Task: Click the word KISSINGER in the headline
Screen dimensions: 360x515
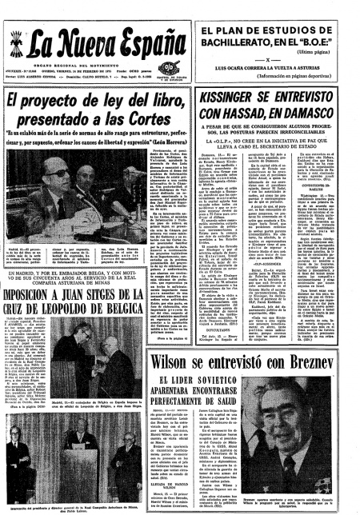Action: [230, 94]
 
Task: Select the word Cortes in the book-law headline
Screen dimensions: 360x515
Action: [154, 116]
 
